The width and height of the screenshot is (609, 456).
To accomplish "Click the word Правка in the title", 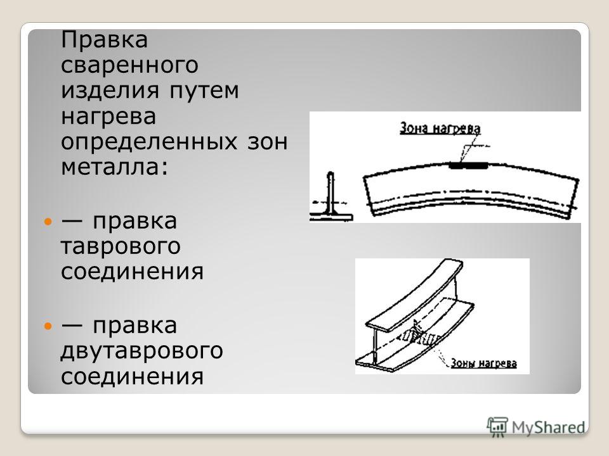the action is coord(104,39).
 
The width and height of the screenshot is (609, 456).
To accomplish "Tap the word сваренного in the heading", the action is coord(129,65).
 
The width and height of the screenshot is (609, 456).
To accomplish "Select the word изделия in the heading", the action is coord(110,91).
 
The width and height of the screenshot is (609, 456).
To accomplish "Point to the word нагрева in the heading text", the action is coord(108,117).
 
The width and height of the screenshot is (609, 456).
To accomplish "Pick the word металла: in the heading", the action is coord(115,167).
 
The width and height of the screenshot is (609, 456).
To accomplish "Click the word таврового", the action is coord(121,246).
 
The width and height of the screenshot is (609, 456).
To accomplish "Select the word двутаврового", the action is coord(141,351).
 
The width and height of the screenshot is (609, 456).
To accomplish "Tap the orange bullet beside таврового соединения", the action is coord(48,222).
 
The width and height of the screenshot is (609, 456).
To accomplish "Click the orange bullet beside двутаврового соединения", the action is coord(48,326).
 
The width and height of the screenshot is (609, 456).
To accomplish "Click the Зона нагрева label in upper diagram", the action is coord(440,129).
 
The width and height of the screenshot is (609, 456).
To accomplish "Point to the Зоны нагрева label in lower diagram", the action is coord(483,364).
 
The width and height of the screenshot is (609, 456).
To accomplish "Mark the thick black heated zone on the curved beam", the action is coord(468,165).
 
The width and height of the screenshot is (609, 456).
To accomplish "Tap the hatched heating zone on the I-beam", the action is coord(421,336).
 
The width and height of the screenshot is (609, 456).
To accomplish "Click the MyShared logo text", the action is coord(548,427).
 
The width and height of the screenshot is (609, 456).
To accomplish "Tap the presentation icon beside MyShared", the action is coord(497,427).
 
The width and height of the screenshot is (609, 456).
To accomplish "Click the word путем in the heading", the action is coord(204,91).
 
